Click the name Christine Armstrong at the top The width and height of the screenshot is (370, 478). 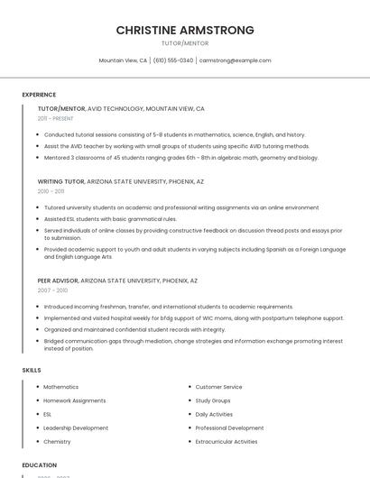(185, 30)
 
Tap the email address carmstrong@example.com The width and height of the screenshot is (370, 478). (235, 60)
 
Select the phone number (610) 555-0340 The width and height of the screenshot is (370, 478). (173, 60)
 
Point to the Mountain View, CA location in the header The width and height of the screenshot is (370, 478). (123, 60)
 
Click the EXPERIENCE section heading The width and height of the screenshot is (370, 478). (39, 95)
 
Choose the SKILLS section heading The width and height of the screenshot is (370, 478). (32, 370)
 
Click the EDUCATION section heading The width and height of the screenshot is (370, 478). (39, 465)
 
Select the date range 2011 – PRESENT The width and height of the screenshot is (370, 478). (55, 118)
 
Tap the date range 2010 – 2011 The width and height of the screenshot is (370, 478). (51, 191)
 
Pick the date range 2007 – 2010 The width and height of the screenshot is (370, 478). (52, 290)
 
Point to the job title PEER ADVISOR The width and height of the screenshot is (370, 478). (58, 280)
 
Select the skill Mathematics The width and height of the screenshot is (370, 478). (60, 387)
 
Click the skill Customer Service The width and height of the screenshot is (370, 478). (218, 387)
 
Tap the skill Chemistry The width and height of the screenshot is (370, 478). (57, 442)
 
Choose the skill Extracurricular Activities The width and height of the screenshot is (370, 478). (227, 442)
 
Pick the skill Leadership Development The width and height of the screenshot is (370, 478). (76, 428)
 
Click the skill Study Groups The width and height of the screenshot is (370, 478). (213, 400)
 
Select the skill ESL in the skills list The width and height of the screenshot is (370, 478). (48, 414)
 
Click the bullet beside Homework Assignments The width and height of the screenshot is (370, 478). (37, 400)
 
